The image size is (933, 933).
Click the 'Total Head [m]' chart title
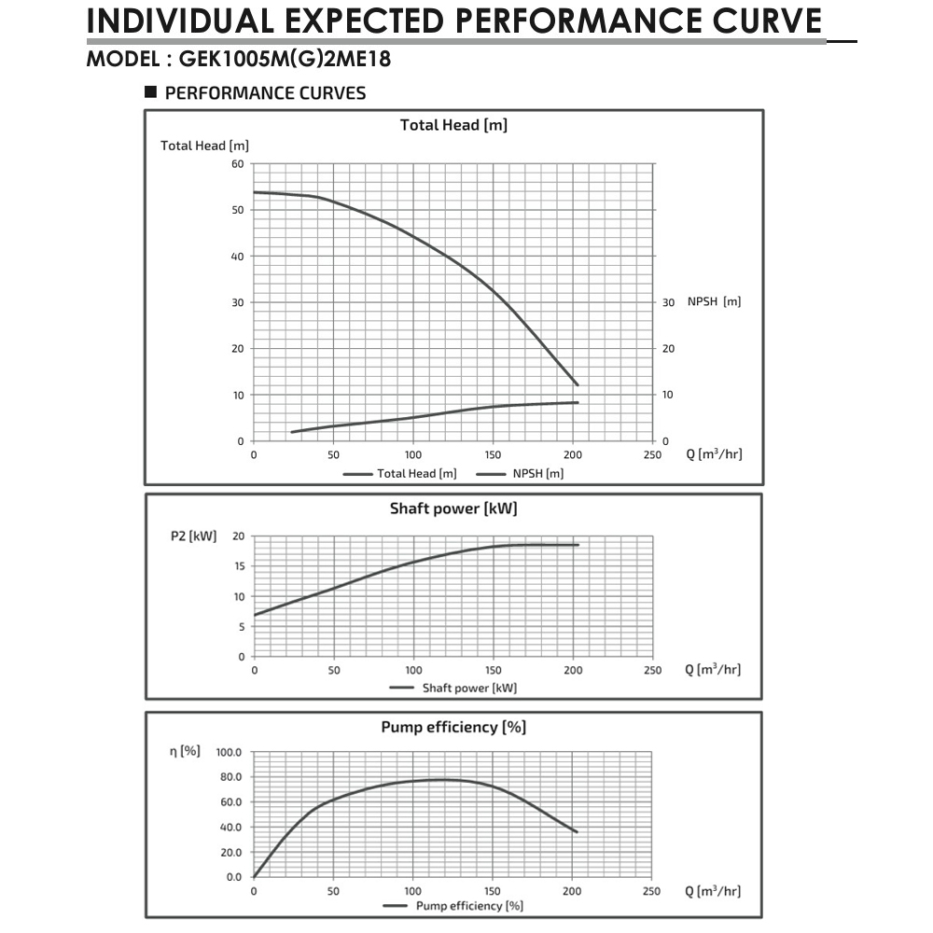(453, 125)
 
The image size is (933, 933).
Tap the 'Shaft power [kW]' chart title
(453, 508)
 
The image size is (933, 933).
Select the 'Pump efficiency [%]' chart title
(453, 728)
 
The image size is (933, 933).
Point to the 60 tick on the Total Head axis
(237, 164)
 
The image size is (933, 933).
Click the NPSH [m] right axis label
(714, 302)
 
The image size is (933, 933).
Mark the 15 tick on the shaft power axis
(238, 566)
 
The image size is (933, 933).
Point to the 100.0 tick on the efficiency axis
(229, 752)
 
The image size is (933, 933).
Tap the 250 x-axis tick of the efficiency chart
(652, 891)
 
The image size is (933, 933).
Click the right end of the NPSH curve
(578, 402)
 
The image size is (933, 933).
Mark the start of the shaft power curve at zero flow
(255, 615)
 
